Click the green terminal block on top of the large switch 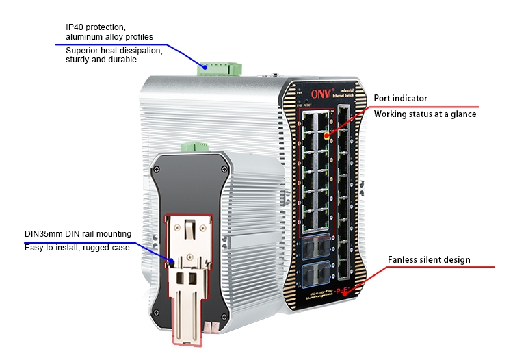220,66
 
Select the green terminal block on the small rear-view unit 195,146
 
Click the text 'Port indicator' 400,99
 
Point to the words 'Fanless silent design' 429,260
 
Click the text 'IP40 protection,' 95,27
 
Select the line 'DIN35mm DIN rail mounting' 78,234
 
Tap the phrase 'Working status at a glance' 425,114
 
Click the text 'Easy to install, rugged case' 77,248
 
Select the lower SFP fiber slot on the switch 317,275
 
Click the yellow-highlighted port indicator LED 327,136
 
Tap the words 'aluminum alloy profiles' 109,36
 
